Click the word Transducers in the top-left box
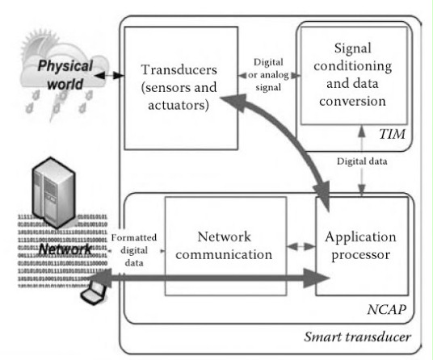click(179, 69)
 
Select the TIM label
click(392, 134)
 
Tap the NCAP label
click(387, 309)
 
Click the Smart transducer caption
click(357, 337)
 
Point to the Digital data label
click(362, 161)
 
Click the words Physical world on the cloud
click(65, 74)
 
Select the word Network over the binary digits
click(65, 249)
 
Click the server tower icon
click(54, 192)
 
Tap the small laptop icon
click(94, 293)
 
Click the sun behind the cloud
click(37, 44)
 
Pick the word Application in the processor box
click(360, 237)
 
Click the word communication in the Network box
click(224, 254)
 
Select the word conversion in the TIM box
click(352, 101)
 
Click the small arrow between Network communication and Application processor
click(301, 246)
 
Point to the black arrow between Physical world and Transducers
click(109, 75)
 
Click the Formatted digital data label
click(134, 250)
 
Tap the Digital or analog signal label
click(268, 74)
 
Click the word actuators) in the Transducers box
click(179, 105)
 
